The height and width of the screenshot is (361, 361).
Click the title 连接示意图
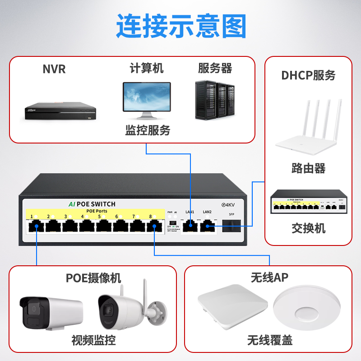pyautogui.click(x=181, y=26)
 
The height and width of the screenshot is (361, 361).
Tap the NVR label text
pyautogui.click(x=54, y=69)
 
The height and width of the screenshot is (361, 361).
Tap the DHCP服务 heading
pyautogui.click(x=308, y=75)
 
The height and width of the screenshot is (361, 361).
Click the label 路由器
pyautogui.click(x=308, y=169)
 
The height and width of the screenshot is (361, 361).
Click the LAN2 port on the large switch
pyautogui.click(x=207, y=224)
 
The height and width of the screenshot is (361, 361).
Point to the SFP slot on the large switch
pyautogui.click(x=231, y=225)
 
